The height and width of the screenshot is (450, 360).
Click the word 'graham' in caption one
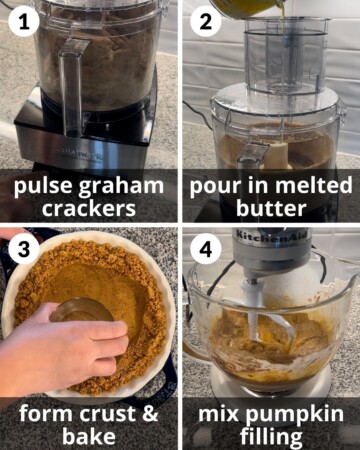pos(119,186)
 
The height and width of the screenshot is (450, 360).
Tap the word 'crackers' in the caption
pos(88,208)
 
